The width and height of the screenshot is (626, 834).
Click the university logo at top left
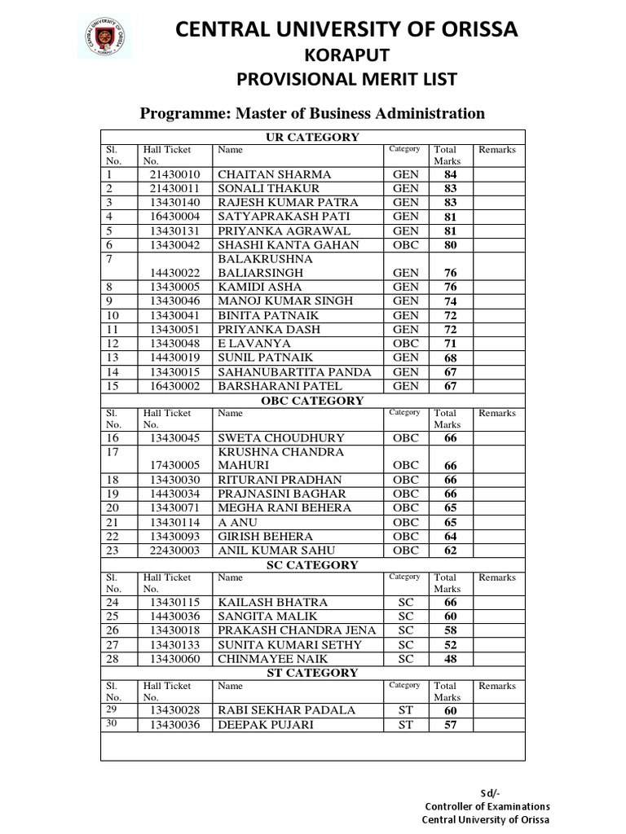(104, 36)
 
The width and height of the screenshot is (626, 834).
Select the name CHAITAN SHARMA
(274, 174)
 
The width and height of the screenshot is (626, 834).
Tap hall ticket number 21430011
(174, 188)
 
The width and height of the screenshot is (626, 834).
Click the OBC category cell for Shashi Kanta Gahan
(405, 244)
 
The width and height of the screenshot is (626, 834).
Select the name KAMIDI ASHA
(259, 287)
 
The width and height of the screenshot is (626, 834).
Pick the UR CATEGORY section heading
(312, 137)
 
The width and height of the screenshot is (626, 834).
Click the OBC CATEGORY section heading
(312, 401)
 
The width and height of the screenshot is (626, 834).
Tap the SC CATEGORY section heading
(312, 564)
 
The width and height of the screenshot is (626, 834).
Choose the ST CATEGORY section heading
(312, 673)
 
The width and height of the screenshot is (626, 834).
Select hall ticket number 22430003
(174, 550)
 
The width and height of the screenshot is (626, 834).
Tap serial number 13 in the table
(112, 358)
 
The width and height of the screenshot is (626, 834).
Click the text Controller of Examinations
(487, 806)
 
